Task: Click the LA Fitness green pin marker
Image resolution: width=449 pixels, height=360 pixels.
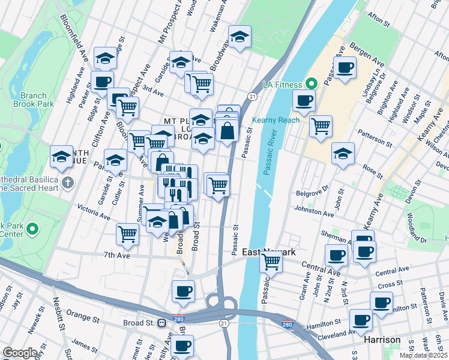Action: (312, 83)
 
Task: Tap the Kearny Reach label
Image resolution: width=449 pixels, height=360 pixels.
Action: (276, 120)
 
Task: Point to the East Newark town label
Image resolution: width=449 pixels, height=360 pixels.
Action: (268, 253)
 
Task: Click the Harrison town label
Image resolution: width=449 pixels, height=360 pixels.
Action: (382, 340)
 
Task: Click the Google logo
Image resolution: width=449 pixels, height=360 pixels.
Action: (20, 353)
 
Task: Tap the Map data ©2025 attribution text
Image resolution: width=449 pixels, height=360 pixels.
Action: (424, 355)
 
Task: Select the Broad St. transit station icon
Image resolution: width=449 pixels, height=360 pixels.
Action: (161, 323)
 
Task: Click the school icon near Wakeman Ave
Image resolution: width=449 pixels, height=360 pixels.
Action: (240, 37)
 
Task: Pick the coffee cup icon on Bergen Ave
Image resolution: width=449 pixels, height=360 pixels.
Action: (345, 68)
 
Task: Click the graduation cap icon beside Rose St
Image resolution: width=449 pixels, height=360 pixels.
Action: (343, 154)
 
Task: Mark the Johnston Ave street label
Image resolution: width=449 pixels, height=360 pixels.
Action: (313, 211)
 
